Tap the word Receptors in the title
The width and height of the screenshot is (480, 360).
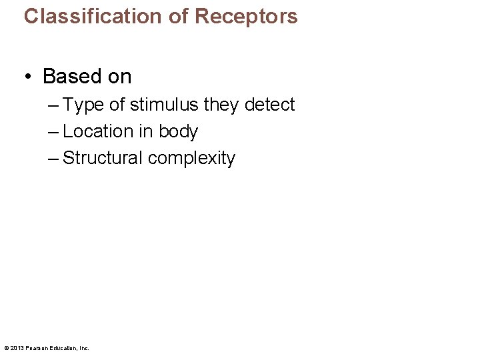246,16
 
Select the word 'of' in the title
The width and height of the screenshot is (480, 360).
179,16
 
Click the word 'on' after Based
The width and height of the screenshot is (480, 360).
119,77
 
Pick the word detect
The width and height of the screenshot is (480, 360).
270,105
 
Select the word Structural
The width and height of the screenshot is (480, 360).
103,158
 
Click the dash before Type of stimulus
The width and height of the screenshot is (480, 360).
53,105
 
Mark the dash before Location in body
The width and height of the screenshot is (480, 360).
53,131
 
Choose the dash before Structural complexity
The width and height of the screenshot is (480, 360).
53,158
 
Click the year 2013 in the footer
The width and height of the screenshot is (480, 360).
16,348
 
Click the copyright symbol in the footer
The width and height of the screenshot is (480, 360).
6,348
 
